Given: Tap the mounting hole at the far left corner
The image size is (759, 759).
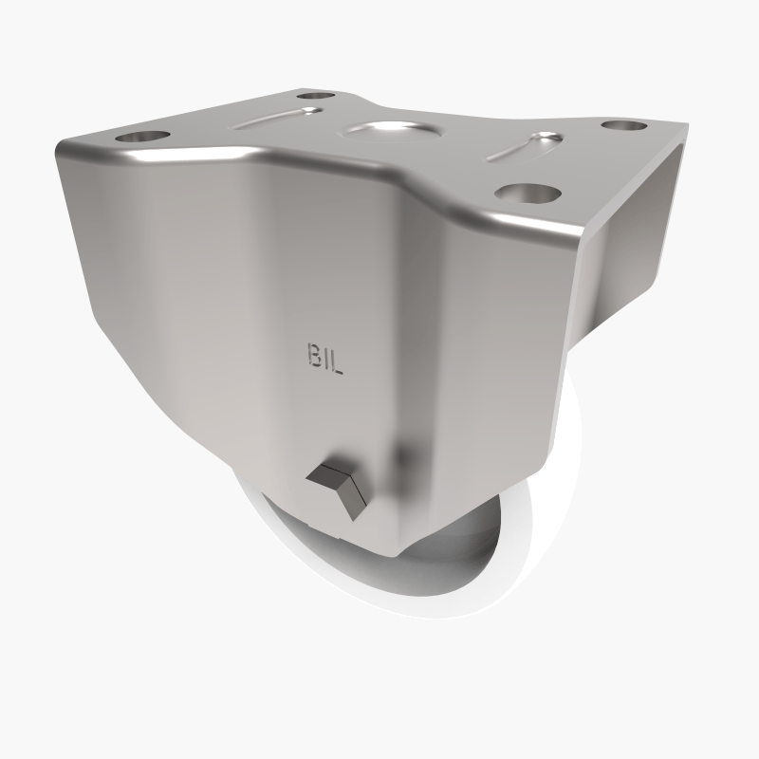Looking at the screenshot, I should [x=317, y=95].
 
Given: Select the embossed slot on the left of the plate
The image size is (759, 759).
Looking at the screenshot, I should [x=281, y=118].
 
